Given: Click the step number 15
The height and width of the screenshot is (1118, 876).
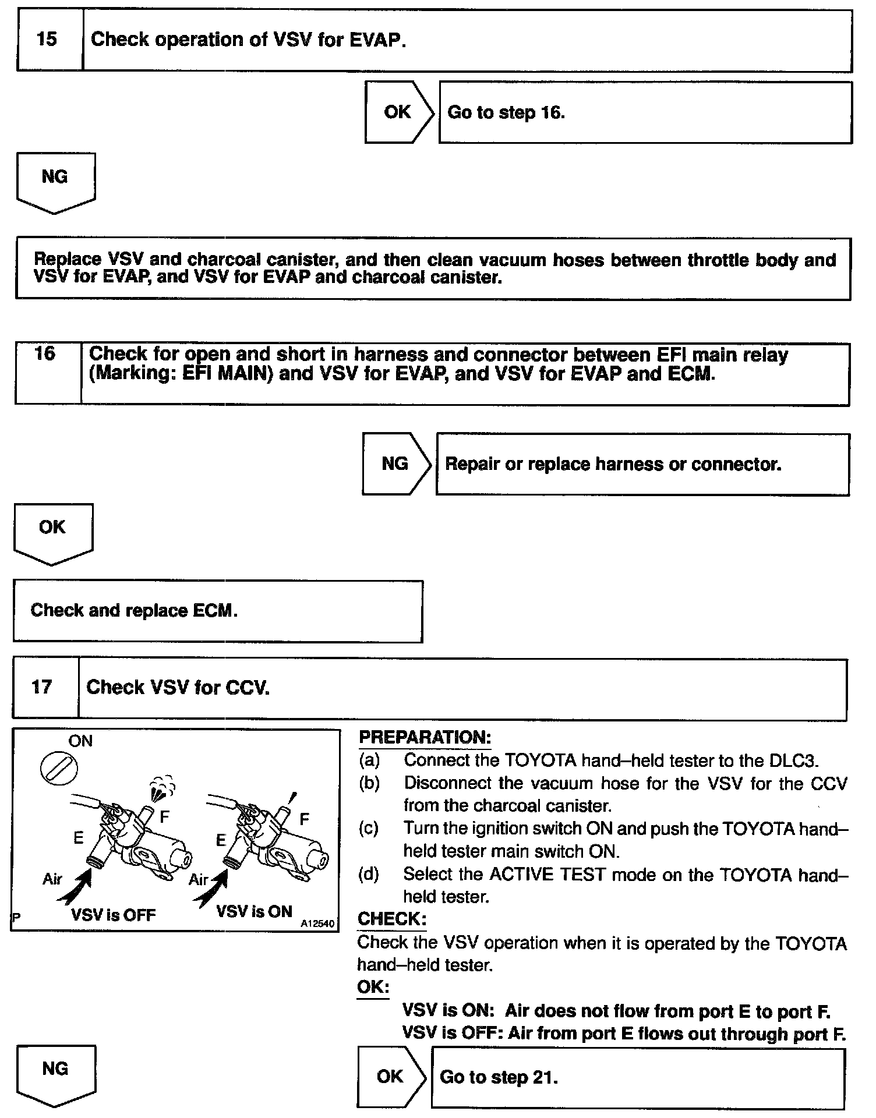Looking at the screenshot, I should [x=47, y=40].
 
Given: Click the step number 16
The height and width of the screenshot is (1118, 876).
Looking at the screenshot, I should [x=45, y=354].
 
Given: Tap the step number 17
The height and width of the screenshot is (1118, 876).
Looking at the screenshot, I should [x=42, y=687].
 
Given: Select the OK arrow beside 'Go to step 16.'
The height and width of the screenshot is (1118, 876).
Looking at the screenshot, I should [x=398, y=112].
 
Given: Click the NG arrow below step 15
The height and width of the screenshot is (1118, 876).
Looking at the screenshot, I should [x=55, y=181].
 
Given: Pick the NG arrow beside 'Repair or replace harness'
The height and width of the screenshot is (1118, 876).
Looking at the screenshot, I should [x=395, y=464].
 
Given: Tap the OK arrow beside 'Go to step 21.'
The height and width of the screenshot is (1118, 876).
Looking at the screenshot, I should [x=391, y=1076].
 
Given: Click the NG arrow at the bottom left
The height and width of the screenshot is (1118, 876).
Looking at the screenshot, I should [x=55, y=1073].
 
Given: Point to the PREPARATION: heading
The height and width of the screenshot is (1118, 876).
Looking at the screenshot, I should [x=425, y=737].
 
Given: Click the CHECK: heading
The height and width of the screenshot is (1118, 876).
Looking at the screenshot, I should [x=391, y=919].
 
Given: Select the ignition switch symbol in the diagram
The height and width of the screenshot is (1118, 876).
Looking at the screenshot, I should [x=59, y=769].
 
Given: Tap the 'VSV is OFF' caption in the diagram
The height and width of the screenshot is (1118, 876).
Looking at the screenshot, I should [x=113, y=915].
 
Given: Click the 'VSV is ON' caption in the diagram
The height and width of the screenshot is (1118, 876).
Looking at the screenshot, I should [x=254, y=911].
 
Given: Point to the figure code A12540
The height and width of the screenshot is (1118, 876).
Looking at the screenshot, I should [x=317, y=924].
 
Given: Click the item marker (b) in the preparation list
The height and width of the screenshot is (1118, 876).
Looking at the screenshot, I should [x=369, y=783].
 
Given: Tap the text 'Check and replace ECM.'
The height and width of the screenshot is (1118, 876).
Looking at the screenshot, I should [x=134, y=610].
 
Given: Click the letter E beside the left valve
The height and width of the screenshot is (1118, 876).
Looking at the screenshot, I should [x=78, y=838].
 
